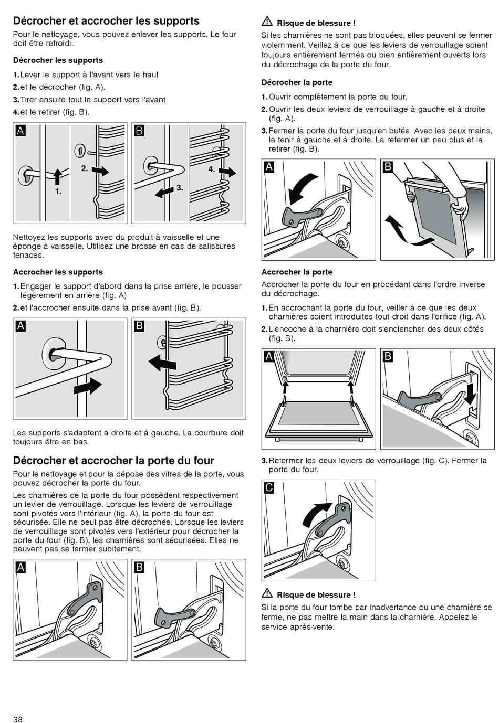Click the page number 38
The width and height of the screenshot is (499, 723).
coord(18,719)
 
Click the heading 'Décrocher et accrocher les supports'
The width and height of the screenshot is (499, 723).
coord(106,21)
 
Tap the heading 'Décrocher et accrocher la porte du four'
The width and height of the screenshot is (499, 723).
coord(113,461)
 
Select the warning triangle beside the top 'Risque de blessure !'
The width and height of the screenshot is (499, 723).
coord(267,23)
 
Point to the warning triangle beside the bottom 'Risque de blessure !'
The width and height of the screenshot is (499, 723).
coord(267,594)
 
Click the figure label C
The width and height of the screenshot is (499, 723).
coord(269,488)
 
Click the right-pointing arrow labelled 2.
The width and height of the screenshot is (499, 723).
coord(100,171)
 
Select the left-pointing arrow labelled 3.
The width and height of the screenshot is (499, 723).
coord(165,192)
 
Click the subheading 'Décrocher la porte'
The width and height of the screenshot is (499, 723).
coord(297,82)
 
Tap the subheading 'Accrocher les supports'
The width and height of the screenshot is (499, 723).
coord(58,272)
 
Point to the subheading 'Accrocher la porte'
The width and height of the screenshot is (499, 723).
coord(297,272)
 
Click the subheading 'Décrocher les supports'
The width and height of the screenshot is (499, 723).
coord(58,60)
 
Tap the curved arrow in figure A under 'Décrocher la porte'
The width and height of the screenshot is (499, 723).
coord(303,187)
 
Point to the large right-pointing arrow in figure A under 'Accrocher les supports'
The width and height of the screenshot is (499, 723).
coord(88,386)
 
